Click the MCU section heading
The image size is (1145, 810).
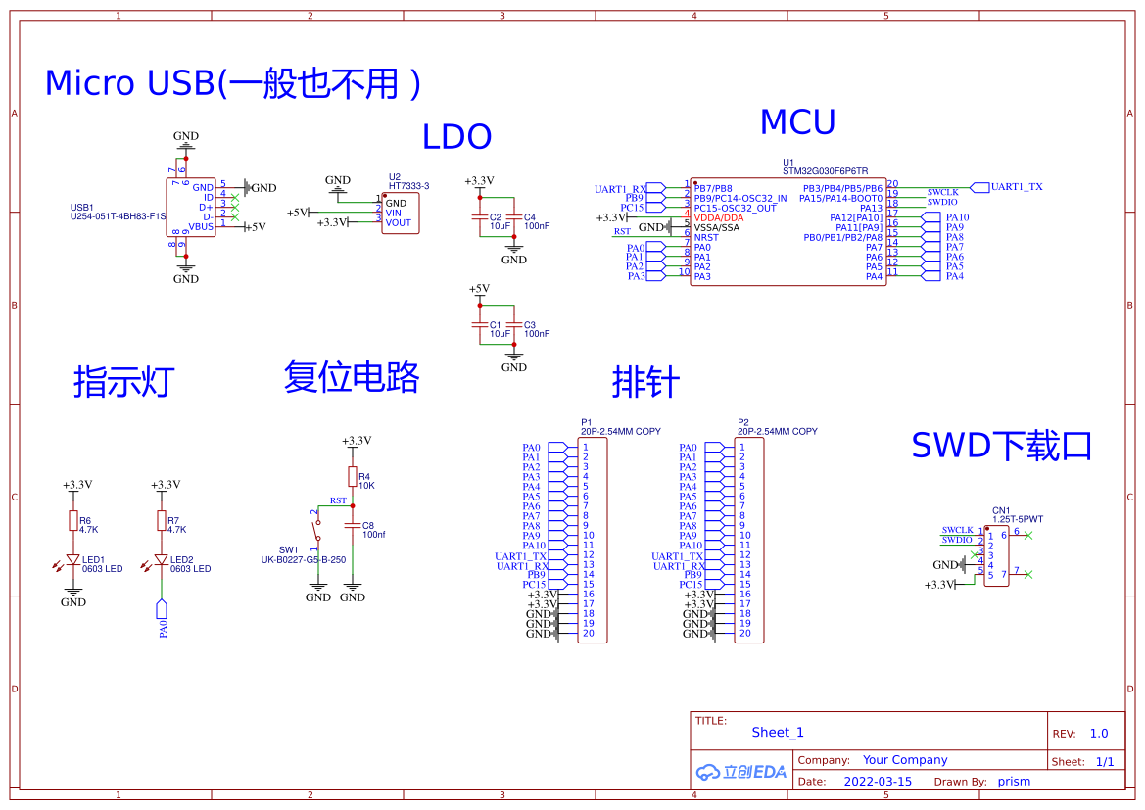797,122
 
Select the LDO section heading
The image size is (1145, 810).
456,137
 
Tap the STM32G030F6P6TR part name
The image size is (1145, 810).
825,171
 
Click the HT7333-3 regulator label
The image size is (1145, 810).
408,186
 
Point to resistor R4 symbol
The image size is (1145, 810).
353,476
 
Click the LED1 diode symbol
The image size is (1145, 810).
72,560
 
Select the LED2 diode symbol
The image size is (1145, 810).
162,560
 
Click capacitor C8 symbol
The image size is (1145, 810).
353,525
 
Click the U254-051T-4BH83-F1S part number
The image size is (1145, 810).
118,217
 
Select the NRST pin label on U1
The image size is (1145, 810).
705,238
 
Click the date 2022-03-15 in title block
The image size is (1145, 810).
878,782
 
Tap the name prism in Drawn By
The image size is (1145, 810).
1014,782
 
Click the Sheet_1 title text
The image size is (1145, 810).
778,733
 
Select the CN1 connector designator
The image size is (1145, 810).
1000,510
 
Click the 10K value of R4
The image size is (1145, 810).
366,486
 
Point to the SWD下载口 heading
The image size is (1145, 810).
1001,446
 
